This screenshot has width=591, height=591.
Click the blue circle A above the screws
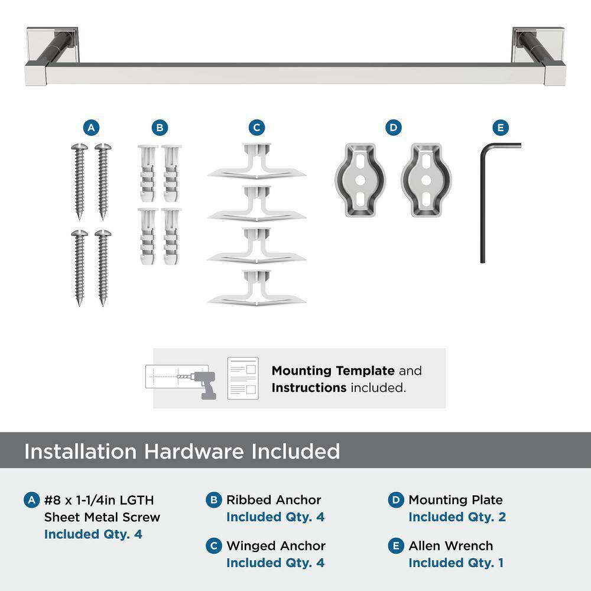(x=90, y=127)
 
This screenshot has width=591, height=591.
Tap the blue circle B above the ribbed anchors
(x=160, y=127)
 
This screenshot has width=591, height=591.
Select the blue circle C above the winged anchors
(x=256, y=127)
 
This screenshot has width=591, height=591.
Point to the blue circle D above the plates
(x=393, y=127)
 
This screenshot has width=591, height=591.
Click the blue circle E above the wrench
(x=500, y=127)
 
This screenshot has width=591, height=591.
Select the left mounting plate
(x=360, y=178)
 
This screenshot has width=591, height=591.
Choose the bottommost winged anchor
(x=256, y=288)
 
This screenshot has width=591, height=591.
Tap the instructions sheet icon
(x=243, y=378)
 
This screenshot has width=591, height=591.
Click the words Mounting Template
(x=333, y=371)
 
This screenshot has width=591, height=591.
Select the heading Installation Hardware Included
(x=182, y=452)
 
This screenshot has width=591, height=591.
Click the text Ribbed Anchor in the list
(x=274, y=500)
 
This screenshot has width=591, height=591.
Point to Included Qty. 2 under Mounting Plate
(x=457, y=517)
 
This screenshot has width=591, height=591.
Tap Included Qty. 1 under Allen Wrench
(x=456, y=563)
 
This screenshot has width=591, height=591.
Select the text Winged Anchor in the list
(x=276, y=546)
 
